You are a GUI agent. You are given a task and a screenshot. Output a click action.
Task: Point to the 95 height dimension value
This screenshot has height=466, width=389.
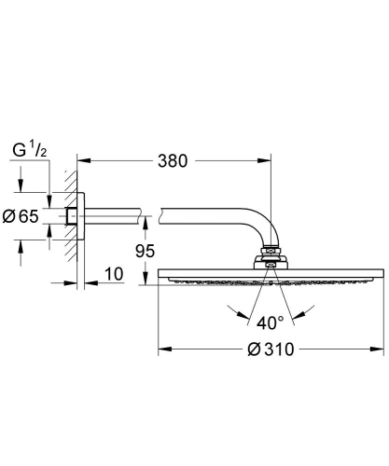[x=145, y=250]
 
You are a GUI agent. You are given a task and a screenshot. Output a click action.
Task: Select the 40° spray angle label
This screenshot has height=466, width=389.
[x=270, y=323]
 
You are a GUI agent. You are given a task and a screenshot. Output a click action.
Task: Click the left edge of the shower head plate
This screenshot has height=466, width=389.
[x=160, y=275]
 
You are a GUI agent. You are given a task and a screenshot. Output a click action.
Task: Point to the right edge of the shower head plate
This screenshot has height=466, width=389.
[x=381, y=275]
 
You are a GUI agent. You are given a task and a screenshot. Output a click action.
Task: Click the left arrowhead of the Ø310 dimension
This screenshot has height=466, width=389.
[x=162, y=351]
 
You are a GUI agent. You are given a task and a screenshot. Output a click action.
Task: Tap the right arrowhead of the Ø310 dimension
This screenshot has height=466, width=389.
[x=379, y=351]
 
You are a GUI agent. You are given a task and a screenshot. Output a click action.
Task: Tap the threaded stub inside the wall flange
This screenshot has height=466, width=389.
[x=72, y=216]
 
